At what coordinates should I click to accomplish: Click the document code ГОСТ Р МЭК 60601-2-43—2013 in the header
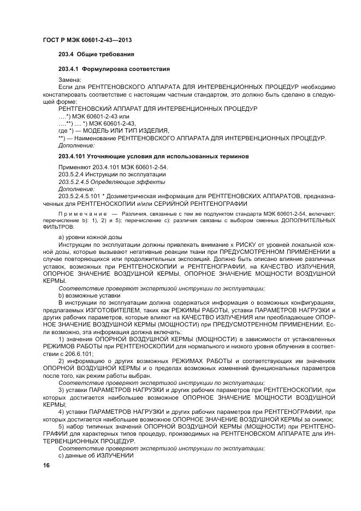point(87,40)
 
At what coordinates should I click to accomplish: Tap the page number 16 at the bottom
point(46,465)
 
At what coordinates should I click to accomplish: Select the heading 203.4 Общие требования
point(96,55)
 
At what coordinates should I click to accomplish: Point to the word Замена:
point(69,80)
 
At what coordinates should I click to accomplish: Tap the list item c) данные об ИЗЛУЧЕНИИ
point(96,455)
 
